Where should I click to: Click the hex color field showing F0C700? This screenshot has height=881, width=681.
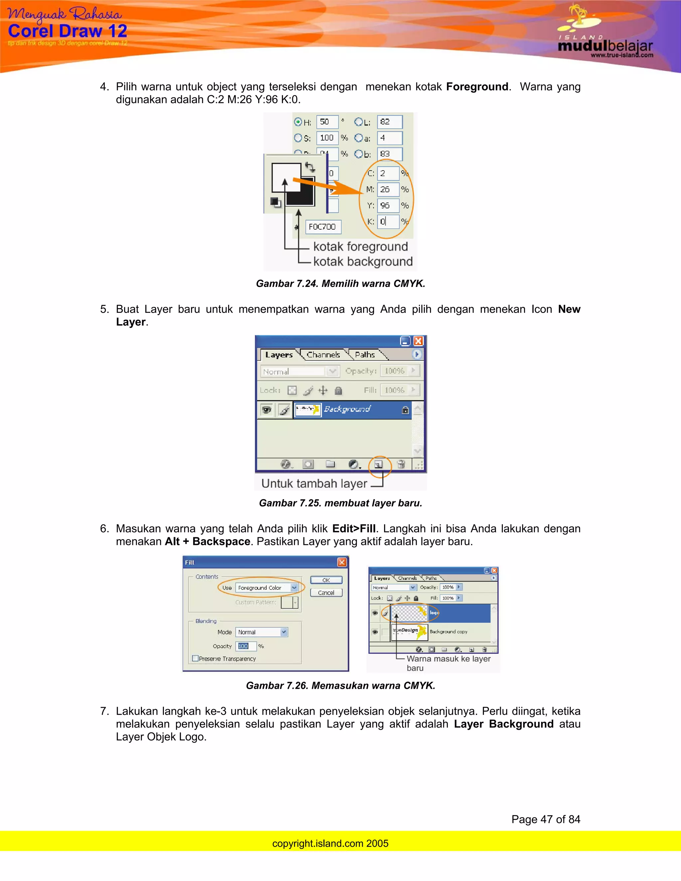click(323, 227)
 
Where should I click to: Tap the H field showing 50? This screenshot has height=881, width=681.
click(327, 122)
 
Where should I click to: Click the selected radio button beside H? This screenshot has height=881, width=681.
click(298, 122)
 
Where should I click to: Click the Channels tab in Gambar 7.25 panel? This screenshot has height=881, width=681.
click(323, 355)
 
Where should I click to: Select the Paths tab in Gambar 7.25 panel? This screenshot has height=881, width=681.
click(365, 355)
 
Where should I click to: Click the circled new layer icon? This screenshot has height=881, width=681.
click(378, 464)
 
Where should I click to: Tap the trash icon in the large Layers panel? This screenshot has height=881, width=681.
click(401, 464)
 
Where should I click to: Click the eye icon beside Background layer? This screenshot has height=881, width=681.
click(266, 410)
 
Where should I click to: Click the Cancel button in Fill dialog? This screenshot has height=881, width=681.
click(326, 592)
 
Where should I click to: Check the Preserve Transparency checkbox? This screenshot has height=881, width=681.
click(196, 658)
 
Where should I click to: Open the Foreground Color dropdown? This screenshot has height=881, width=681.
click(294, 588)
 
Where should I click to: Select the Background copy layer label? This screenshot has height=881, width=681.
click(448, 632)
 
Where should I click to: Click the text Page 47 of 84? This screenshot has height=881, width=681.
click(545, 819)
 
